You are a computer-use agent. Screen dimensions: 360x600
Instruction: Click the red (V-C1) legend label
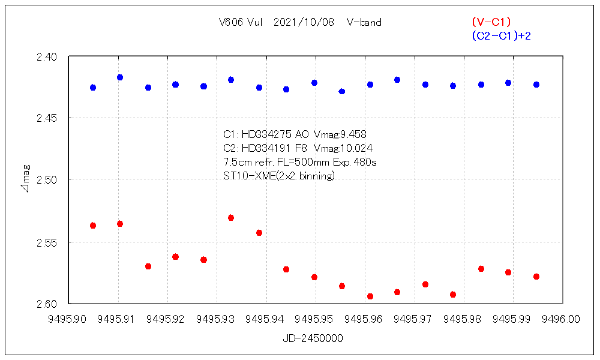(491, 22)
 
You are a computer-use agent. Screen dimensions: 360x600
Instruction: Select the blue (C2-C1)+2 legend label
(501, 36)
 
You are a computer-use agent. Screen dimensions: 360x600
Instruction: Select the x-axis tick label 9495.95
(316, 319)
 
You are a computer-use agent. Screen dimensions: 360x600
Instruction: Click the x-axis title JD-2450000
(313, 338)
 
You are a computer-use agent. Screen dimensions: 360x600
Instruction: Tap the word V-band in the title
(364, 23)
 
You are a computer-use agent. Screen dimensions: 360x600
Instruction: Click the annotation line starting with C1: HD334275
(294, 134)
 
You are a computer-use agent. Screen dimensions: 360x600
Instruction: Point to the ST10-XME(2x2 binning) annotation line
(278, 176)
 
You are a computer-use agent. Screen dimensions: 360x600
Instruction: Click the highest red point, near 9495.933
(231, 218)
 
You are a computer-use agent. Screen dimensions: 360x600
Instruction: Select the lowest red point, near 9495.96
(370, 296)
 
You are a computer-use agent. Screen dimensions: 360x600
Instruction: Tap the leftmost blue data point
(93, 88)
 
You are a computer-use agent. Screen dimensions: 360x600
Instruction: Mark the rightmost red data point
(536, 277)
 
